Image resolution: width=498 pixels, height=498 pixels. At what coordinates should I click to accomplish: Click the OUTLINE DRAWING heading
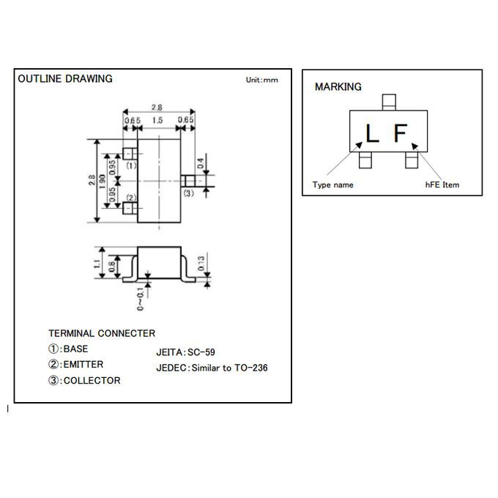[x=65, y=78]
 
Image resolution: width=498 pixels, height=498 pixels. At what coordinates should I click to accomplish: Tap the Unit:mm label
[x=261, y=80]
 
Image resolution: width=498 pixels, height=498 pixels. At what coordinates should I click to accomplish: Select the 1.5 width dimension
[x=157, y=119]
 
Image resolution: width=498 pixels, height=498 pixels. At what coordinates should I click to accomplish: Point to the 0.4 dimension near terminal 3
[x=200, y=162]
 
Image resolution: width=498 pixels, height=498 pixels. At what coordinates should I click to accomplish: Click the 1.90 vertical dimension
[x=103, y=181]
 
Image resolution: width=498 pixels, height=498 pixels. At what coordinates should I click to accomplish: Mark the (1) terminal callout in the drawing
[x=131, y=166]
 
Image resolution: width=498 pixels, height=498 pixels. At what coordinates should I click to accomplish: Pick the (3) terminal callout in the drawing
[x=188, y=193]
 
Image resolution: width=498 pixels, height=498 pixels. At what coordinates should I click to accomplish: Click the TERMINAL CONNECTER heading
[x=102, y=333]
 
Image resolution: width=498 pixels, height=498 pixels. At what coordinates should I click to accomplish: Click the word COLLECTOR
[x=92, y=380]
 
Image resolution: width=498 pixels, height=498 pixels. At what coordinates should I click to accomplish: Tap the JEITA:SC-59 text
[x=185, y=352]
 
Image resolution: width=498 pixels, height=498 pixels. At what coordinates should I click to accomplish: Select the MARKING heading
[x=338, y=86]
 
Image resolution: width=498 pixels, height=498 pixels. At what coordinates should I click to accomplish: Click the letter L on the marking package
[x=372, y=133]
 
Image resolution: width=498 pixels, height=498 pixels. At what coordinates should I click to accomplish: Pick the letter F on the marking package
[x=400, y=133]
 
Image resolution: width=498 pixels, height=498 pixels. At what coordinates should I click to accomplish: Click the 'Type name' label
[x=332, y=185]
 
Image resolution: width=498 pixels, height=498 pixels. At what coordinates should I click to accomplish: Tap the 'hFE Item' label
[x=442, y=185]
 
